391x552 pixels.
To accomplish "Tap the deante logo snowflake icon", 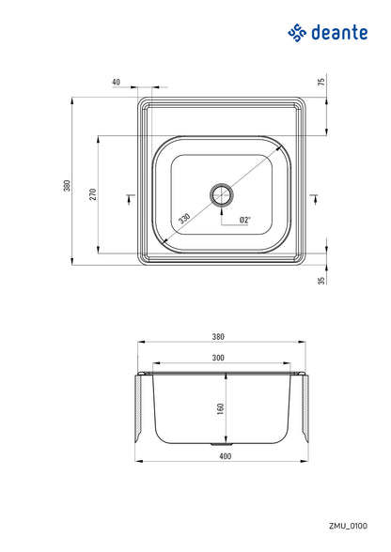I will pyautogui.click(x=298, y=34).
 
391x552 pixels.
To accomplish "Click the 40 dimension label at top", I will pyautogui.click(x=116, y=82).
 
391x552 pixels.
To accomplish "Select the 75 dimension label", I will pyautogui.click(x=321, y=82).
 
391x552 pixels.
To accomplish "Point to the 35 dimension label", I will pyautogui.click(x=321, y=279).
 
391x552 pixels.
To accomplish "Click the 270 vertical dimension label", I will pyautogui.click(x=91, y=194).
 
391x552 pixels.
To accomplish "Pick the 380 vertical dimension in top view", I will pyautogui.click(x=67, y=185).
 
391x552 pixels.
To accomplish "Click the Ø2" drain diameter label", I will pyautogui.click(x=244, y=221).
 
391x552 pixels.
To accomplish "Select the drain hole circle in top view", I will pyautogui.click(x=223, y=194).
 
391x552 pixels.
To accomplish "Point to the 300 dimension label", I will pyautogui.click(x=219, y=358).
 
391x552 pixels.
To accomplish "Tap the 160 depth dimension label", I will pyautogui.click(x=219, y=408).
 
